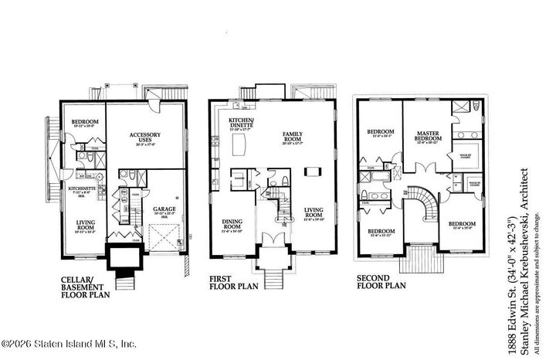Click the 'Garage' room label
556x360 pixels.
(x=162, y=209)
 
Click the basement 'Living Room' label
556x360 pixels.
(x=85, y=225)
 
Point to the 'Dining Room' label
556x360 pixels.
(x=232, y=225)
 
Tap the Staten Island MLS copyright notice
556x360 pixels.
(x=69, y=344)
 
